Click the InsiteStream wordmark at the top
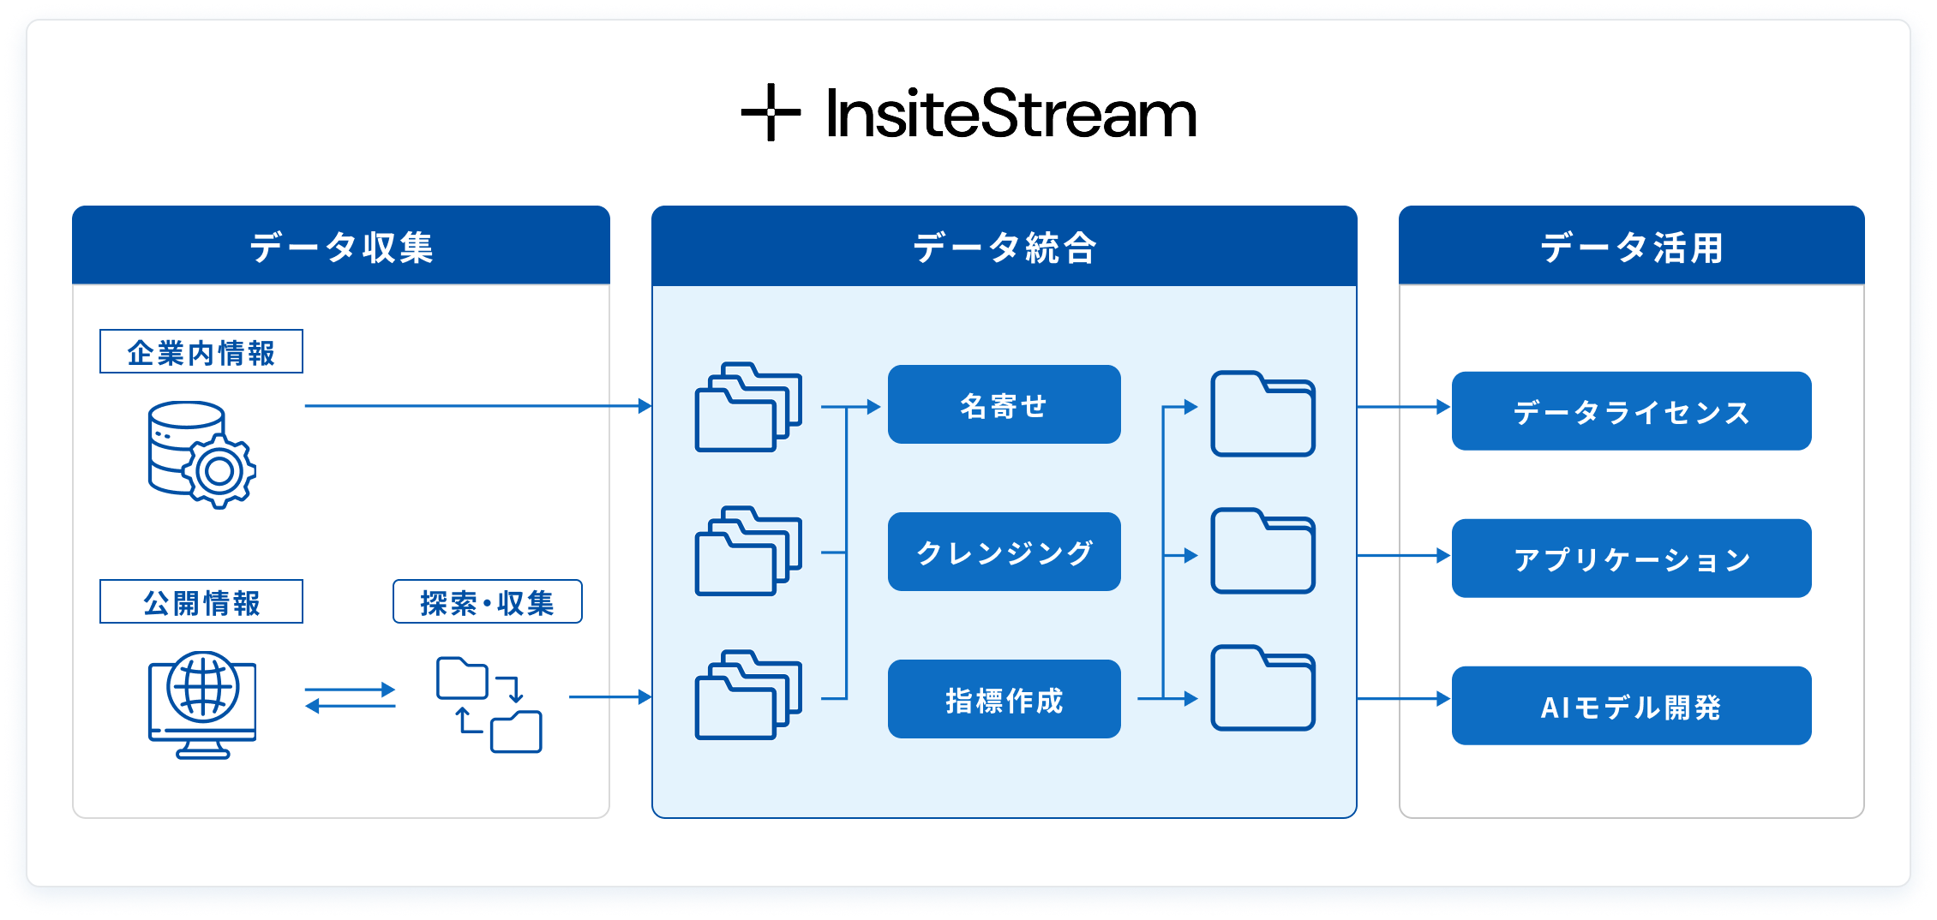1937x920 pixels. coord(1011,113)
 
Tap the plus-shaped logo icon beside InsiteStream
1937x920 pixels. coord(771,112)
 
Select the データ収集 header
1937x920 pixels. coord(341,247)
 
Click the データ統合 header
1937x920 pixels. coord(1004,247)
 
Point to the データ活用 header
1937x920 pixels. coord(1631,247)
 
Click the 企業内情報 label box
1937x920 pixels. coord(201,352)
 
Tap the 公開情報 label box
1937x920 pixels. coord(201,602)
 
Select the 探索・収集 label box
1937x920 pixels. coord(487,602)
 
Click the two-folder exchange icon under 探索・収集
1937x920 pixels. coord(489,705)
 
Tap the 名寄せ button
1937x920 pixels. coord(1004,405)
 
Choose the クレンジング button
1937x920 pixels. coord(1004,553)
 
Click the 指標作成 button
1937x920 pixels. coord(1004,700)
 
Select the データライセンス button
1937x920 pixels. coord(1631,412)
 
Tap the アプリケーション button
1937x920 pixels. coord(1631,559)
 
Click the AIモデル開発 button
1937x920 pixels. coord(1631,707)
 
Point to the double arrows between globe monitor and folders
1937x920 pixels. coord(350,697)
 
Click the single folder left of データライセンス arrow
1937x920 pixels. coord(1262,415)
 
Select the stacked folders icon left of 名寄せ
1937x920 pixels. coord(748,408)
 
